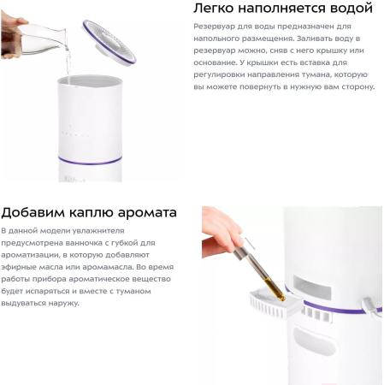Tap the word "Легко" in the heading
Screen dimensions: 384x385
pos(214,8)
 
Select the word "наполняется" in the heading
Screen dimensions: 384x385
pos(282,9)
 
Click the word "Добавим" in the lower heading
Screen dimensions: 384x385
pos(32,212)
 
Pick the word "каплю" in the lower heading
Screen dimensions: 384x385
pos(92,213)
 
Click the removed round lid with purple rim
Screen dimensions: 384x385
pos(109,43)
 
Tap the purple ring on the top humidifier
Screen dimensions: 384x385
pos(91,162)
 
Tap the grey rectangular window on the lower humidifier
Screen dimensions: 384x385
pos(312,287)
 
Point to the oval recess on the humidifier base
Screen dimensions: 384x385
pos(314,341)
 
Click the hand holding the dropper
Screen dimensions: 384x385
pos(222,232)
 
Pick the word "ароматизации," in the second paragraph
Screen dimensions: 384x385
pos(30,255)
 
